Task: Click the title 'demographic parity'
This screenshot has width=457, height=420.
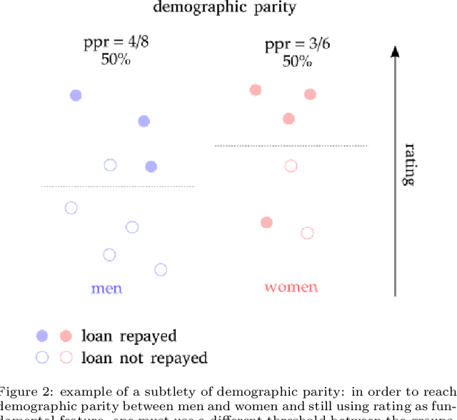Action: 224,8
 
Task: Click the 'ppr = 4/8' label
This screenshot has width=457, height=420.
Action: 116,43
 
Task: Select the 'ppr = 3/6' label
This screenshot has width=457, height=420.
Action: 296,46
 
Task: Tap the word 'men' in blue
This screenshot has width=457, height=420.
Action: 106,289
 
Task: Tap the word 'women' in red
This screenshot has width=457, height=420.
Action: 291,287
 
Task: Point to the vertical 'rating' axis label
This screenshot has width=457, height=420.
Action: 409,164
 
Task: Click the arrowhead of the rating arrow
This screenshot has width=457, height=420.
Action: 395,51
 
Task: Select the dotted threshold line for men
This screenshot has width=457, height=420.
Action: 118,186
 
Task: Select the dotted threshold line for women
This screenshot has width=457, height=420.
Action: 291,146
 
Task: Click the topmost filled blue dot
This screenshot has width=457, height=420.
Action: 76,95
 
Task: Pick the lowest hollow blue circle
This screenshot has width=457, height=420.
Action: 161,269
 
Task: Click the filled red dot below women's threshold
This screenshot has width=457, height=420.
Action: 266,222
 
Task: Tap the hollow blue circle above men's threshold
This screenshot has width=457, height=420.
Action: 110,165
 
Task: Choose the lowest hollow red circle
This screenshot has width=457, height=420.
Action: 307,232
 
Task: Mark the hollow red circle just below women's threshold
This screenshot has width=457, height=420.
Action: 291,166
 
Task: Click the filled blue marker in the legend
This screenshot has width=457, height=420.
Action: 42,335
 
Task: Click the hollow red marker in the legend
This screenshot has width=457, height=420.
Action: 66,357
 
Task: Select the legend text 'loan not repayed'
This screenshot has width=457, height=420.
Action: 144,357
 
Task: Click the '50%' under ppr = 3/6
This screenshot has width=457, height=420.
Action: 296,61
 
